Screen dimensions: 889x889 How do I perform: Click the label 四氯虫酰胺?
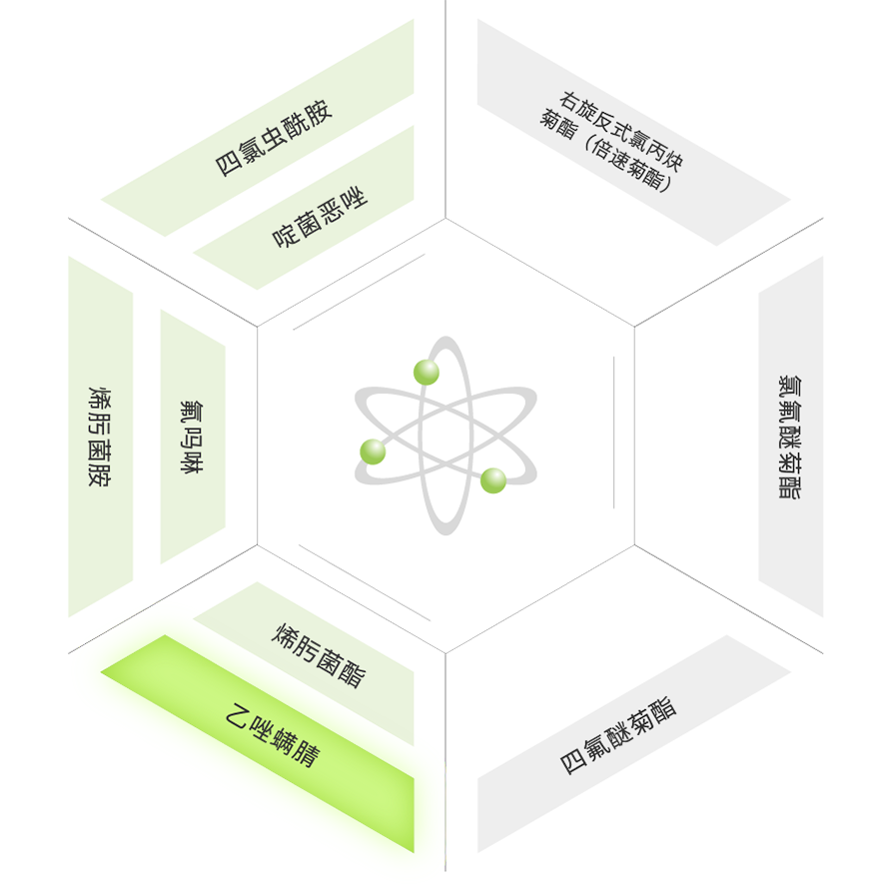click(x=274, y=139)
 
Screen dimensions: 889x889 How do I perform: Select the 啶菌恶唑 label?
click(x=321, y=217)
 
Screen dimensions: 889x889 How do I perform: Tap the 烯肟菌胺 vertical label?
click(x=100, y=438)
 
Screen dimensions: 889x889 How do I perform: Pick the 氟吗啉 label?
click(x=192, y=438)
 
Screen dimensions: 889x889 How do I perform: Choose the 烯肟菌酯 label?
click(x=320, y=655)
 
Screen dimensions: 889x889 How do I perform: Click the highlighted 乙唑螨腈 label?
click(x=274, y=735)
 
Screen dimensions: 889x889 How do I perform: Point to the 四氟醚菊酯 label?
click(x=618, y=736)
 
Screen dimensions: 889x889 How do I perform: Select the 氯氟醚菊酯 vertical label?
click(x=790, y=438)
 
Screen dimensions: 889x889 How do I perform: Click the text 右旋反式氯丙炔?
click(x=621, y=132)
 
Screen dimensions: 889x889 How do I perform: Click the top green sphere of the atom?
click(x=427, y=372)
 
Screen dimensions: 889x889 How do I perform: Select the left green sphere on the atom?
click(x=373, y=451)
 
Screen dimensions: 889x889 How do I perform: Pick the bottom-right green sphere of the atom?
click(x=493, y=480)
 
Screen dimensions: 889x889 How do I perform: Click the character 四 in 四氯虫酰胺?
click(x=228, y=165)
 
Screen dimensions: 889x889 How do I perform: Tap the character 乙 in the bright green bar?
click(x=238, y=715)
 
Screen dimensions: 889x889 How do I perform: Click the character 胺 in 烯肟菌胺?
click(x=100, y=476)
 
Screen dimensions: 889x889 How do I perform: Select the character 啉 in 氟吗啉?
click(x=192, y=462)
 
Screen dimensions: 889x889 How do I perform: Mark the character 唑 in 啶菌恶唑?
click(x=356, y=198)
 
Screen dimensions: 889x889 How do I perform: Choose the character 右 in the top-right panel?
click(x=570, y=101)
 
